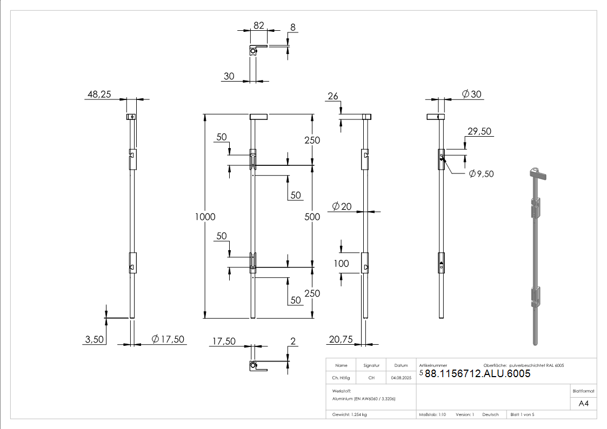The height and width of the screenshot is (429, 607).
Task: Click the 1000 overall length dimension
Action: tap(205, 217)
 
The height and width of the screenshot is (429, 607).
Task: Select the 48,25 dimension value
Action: tap(99, 95)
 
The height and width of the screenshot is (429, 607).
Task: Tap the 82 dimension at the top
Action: tap(258, 26)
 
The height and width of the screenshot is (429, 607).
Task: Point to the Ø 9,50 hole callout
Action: tap(481, 174)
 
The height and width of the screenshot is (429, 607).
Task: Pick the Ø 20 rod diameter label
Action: tap(341, 206)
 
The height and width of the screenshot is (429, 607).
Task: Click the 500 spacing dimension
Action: tap(312, 217)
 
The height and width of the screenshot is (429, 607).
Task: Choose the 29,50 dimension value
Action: tap(479, 132)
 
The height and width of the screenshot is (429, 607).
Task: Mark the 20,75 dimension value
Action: tap(340, 339)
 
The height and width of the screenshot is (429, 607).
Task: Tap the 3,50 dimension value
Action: tap(96, 339)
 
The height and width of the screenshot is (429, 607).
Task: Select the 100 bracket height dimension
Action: tap(341, 264)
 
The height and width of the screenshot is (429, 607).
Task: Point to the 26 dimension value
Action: tap(333, 97)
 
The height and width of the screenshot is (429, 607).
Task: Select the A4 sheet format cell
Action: tap(584, 404)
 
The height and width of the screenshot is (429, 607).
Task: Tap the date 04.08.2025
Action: tap(401, 378)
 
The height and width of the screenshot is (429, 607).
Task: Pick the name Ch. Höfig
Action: tap(341, 378)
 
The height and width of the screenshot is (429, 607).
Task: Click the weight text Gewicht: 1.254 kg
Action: tap(350, 414)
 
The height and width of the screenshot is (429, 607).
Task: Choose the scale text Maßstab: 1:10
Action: tap(432, 414)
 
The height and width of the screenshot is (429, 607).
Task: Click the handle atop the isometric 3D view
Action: tap(538, 173)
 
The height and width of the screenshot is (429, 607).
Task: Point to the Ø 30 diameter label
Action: tap(471, 95)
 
